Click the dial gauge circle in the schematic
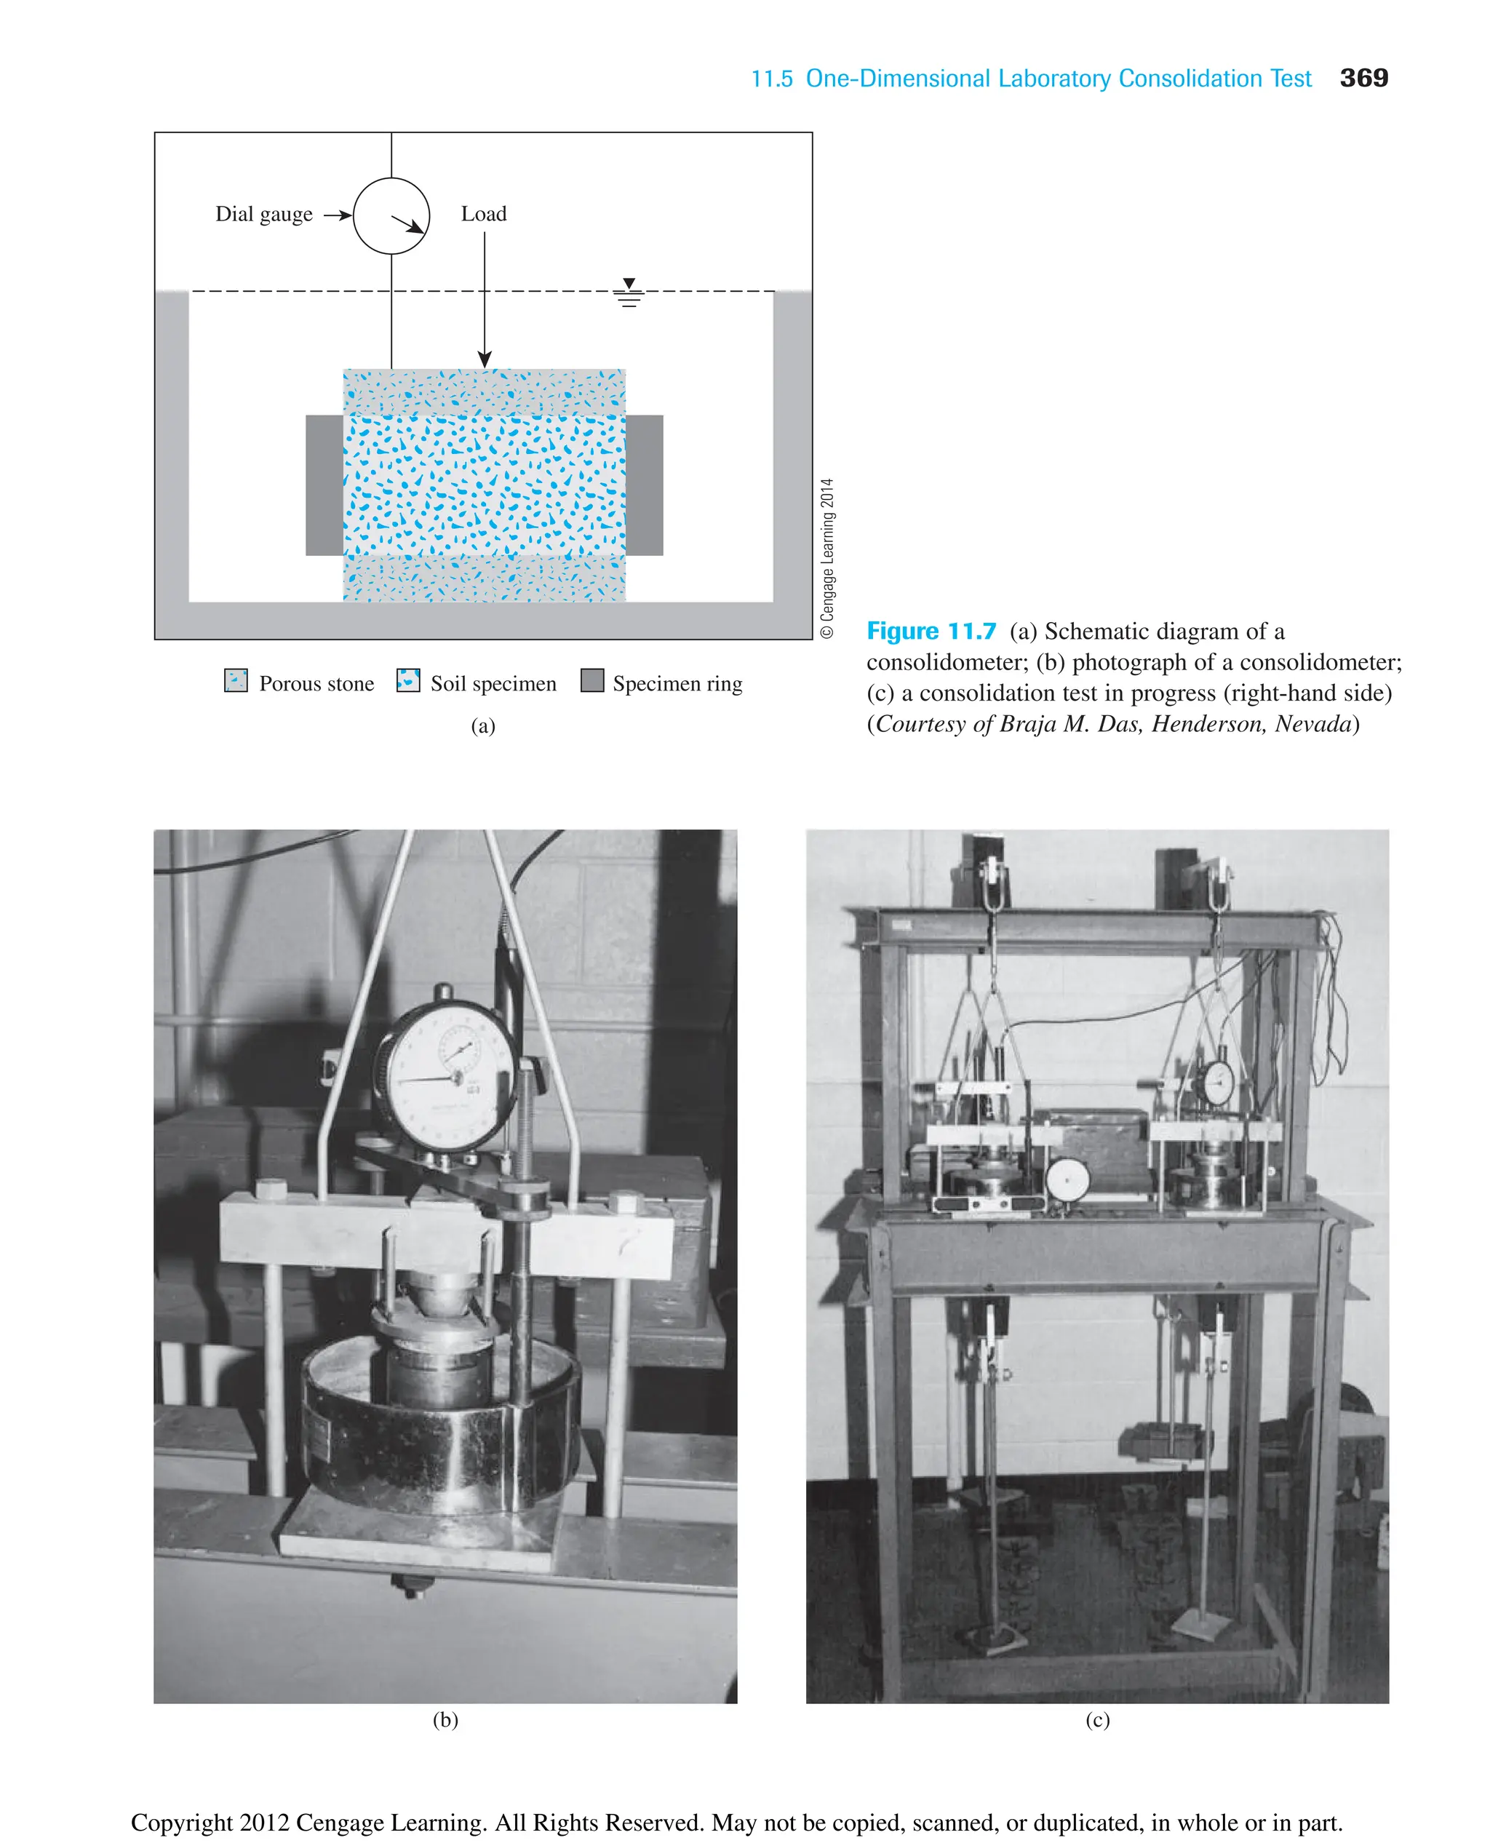391,215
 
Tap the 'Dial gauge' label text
263,214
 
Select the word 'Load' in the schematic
483,214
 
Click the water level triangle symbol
629,283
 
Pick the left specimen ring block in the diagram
324,485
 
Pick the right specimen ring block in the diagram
645,485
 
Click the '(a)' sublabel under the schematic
483,726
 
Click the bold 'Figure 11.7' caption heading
931,631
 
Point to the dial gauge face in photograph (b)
446,1073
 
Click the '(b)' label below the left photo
445,1719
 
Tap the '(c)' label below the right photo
1098,1719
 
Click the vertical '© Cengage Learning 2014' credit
827,558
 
